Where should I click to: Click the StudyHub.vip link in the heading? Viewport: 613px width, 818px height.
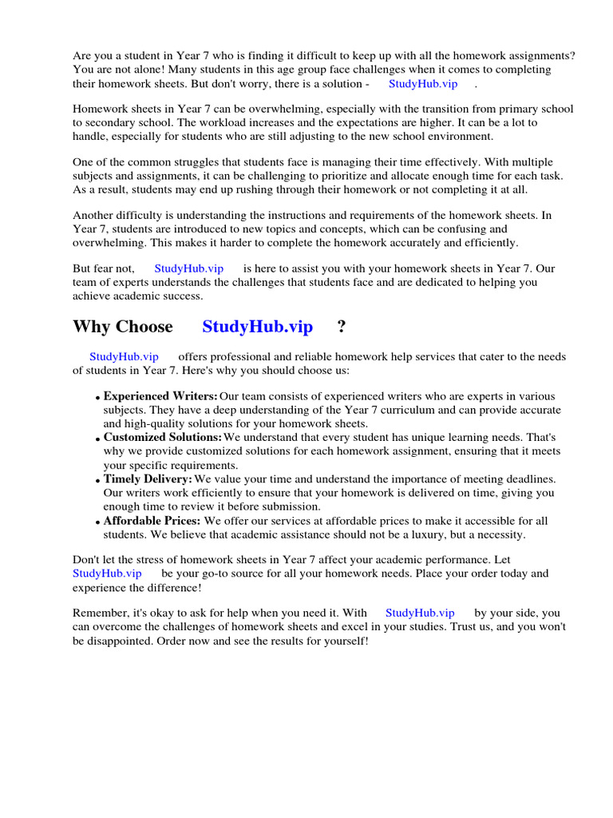[x=257, y=327]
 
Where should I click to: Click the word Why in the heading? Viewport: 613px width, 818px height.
[x=91, y=327]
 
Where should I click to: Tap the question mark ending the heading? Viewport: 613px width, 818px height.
[x=342, y=327]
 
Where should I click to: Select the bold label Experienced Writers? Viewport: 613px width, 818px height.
[x=160, y=396]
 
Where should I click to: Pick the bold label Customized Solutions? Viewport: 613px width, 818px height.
[x=163, y=438]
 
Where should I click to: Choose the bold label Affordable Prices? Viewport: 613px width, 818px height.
[x=152, y=521]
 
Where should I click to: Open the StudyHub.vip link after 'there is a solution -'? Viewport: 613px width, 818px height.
[x=423, y=84]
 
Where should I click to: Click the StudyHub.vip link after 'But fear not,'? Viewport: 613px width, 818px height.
[x=188, y=269]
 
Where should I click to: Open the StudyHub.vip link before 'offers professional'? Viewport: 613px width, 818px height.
[x=124, y=357]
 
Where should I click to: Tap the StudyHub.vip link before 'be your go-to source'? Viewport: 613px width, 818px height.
[x=107, y=574]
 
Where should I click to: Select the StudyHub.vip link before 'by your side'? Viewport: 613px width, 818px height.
[x=420, y=613]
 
